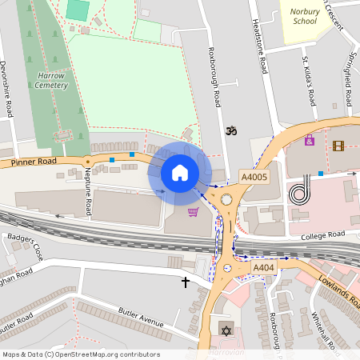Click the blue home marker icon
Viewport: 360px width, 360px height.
point(180,173)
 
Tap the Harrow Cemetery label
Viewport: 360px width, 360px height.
point(51,79)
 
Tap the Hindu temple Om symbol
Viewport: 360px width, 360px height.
point(232,129)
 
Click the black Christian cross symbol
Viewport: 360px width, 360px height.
point(186,282)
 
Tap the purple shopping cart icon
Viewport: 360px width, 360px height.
point(193,212)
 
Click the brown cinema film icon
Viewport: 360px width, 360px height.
point(338,146)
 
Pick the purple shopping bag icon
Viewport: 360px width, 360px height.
point(309,141)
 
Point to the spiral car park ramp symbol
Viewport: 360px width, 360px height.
point(299,193)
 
